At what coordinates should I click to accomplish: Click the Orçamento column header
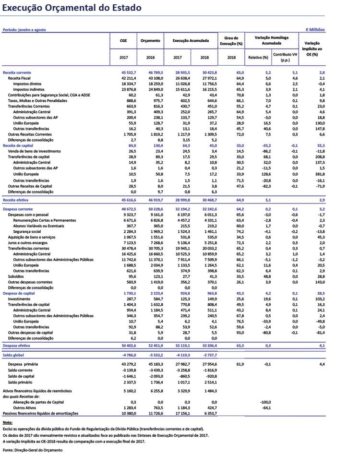150,41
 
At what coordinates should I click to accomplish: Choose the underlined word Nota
8,423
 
